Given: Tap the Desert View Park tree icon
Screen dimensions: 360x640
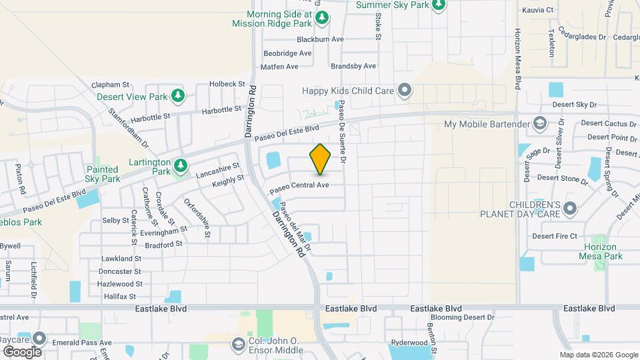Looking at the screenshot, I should point(178,97).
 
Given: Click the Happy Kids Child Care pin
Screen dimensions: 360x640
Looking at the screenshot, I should point(404,90).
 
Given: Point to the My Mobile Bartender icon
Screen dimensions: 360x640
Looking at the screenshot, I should point(539,124).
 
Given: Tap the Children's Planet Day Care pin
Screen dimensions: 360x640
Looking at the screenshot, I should point(569,209).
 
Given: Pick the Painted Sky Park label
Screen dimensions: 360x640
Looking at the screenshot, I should point(103,174).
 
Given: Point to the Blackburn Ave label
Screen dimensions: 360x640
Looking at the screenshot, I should point(320,39).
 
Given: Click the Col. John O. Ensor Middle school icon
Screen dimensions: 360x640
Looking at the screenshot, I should point(238,344).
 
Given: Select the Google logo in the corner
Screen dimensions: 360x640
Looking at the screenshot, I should point(22,351).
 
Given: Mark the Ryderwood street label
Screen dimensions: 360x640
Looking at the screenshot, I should point(408,341).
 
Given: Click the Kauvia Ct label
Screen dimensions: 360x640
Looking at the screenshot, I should point(539,10).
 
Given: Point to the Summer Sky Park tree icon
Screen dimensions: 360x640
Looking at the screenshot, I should point(438,5).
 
